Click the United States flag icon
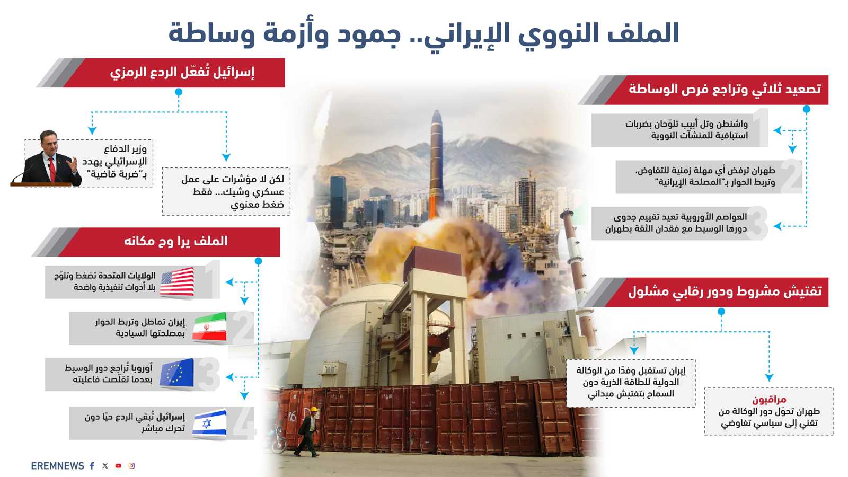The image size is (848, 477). [177, 282]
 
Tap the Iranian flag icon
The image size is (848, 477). [210, 328]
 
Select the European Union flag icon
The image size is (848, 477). [177, 374]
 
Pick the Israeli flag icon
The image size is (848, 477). [210, 423]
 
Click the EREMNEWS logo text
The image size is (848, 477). [57, 466]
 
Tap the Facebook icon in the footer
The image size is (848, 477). [92, 466]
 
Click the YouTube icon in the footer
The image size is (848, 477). [118, 466]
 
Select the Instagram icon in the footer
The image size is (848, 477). [131, 466]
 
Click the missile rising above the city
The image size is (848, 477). [436, 159]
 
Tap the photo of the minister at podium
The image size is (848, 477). [48, 159]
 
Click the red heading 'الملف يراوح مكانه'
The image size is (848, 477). [175, 242]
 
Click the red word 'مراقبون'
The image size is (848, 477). [769, 399]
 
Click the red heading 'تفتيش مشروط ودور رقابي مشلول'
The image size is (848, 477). [725, 291]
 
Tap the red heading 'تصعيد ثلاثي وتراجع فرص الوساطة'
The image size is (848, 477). [725, 90]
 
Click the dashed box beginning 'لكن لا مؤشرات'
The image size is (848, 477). [226, 191]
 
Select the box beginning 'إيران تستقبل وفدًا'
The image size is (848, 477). [631, 382]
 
